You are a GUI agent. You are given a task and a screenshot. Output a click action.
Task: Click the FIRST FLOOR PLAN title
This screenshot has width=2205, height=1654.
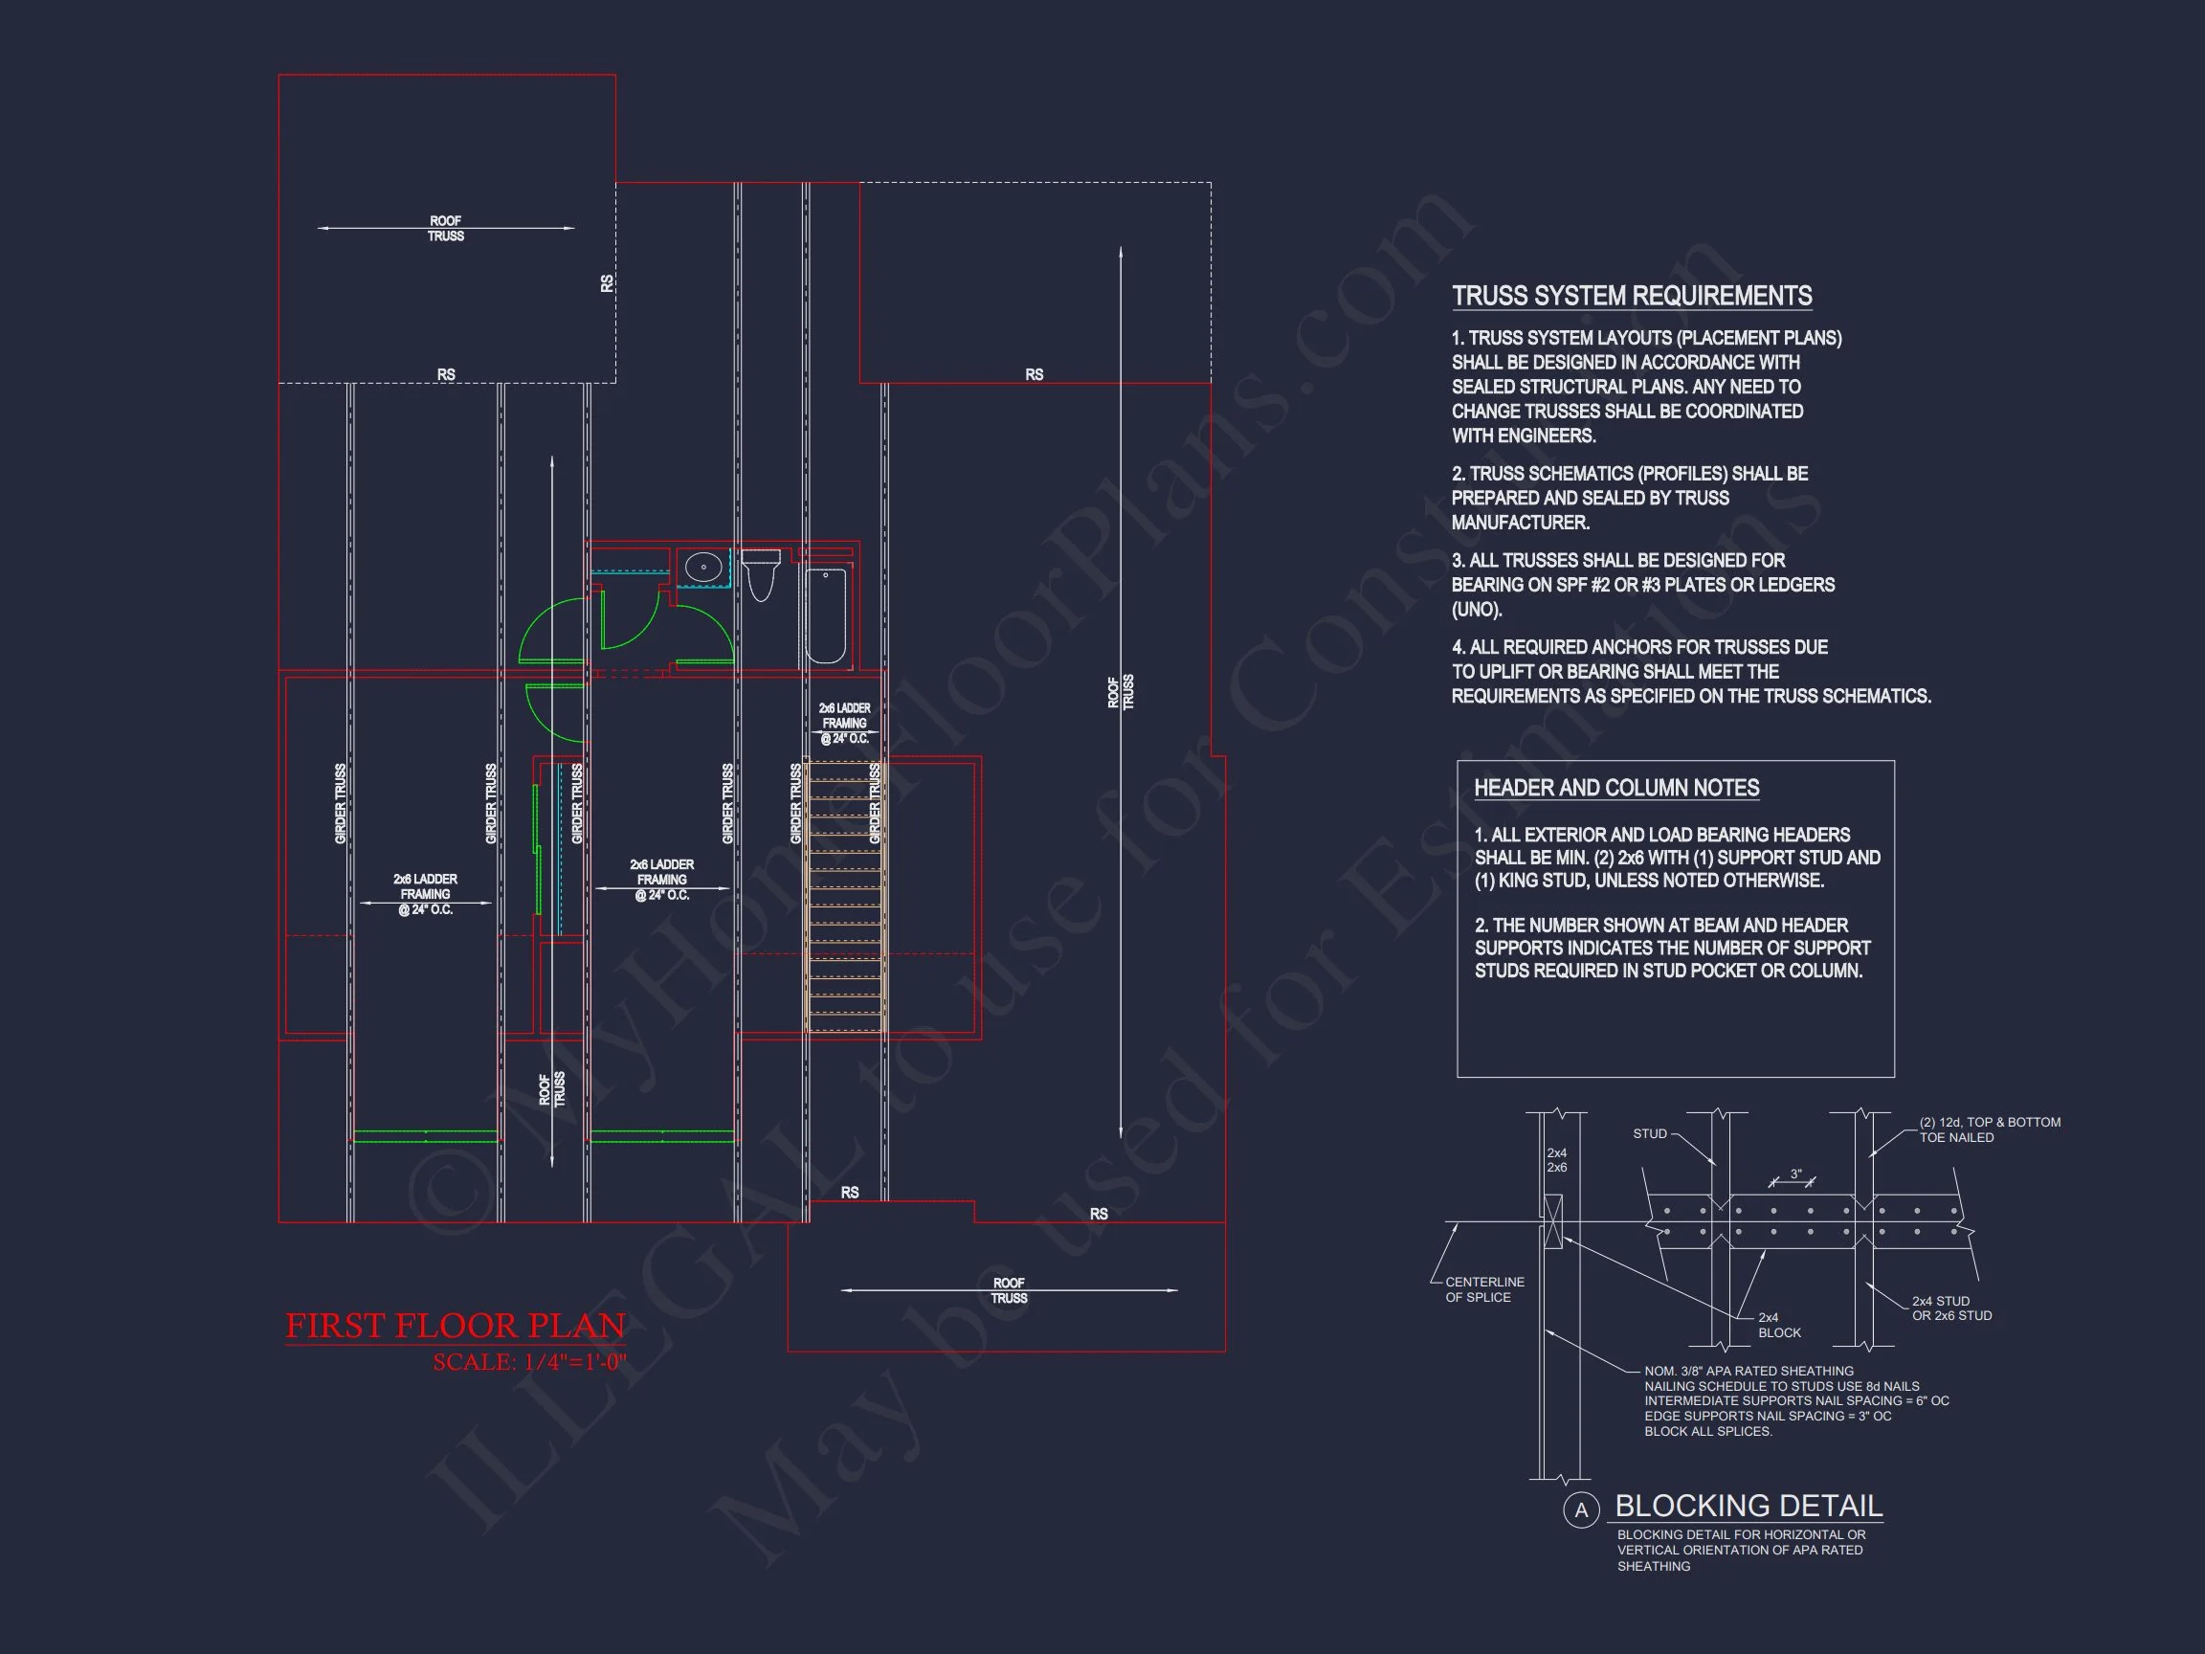pos(456,1326)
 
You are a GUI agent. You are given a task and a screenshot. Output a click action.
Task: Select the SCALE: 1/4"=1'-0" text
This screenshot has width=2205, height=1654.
pos(529,1362)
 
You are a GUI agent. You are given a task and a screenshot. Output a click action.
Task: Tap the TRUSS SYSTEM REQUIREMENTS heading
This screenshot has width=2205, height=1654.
pos(1631,296)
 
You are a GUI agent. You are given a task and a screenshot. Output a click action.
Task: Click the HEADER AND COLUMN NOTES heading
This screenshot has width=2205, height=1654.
pos(1615,788)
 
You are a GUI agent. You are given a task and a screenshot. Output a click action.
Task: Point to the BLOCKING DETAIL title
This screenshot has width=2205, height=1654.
pos(1748,1506)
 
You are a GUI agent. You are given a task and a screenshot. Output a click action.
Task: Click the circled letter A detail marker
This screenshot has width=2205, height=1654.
pos(1580,1509)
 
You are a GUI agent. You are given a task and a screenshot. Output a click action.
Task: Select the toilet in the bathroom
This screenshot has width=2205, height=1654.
pos(761,575)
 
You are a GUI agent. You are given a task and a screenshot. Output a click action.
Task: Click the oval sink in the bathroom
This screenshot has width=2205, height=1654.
pos(703,568)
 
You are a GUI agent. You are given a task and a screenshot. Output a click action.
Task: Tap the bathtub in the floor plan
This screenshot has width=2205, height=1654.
pos(825,615)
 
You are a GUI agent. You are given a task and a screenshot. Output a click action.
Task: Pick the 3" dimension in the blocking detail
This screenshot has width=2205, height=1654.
pos(1795,1174)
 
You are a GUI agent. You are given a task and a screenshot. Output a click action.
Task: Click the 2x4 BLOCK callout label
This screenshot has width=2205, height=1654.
pos(1779,1325)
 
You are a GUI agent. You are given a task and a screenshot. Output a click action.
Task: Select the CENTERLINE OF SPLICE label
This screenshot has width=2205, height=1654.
pos(1484,1289)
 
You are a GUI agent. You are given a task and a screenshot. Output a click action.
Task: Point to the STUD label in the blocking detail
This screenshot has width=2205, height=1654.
pos(1650,1133)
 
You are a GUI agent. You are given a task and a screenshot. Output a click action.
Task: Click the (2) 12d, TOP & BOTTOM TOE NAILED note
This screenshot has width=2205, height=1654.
pos(1990,1129)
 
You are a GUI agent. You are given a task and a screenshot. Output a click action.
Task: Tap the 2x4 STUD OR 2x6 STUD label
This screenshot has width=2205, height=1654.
pos(1950,1308)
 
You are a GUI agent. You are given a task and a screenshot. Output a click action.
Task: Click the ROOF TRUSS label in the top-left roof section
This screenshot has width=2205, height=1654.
pos(446,229)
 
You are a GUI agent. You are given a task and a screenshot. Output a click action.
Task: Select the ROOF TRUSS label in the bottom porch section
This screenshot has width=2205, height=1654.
pos(1009,1290)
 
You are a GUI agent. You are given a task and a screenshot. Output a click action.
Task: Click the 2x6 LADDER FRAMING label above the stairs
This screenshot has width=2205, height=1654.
pos(844,723)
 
